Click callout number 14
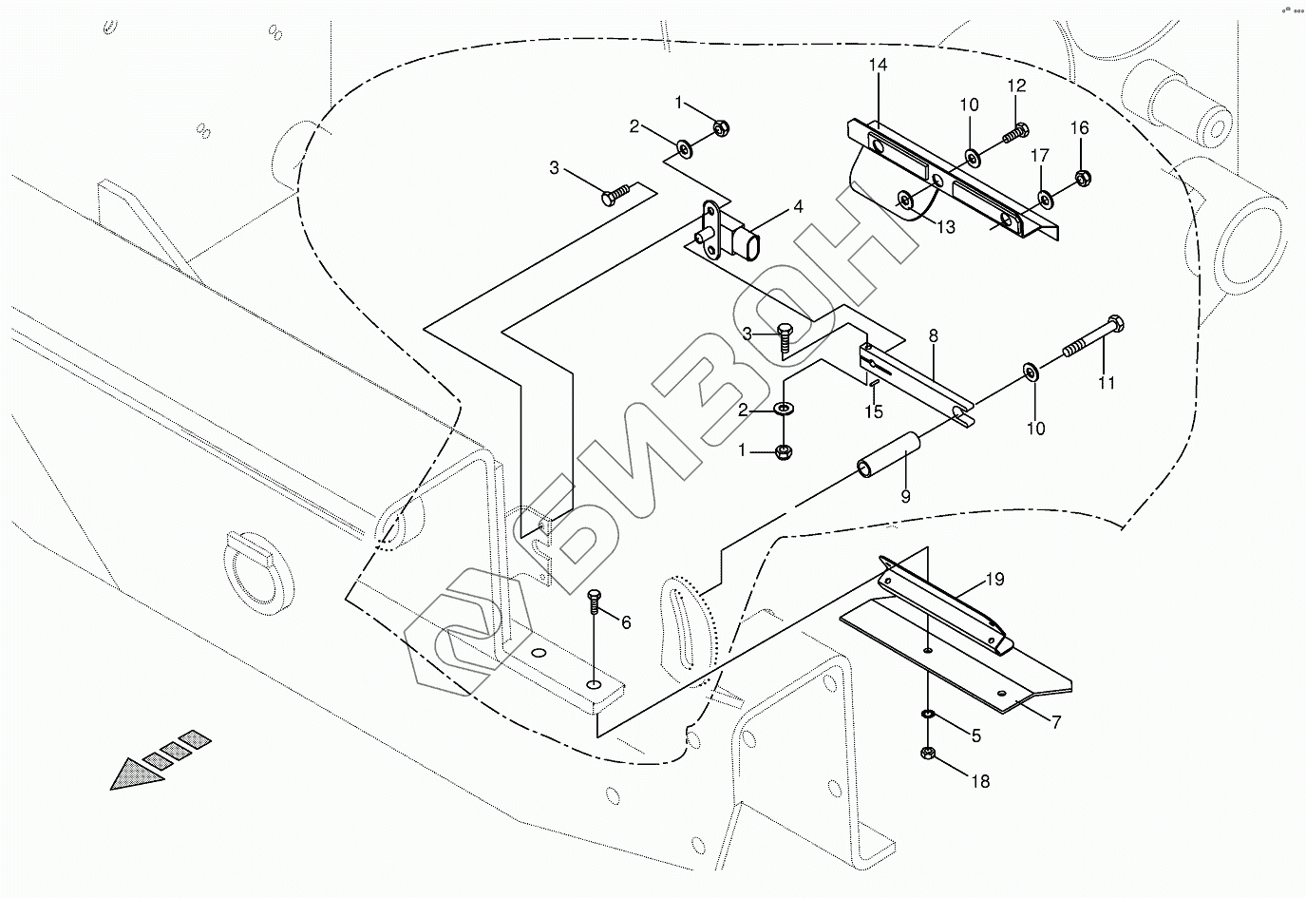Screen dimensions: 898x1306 tap(877, 65)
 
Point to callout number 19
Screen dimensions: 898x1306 tap(994, 579)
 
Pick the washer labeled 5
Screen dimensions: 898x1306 tap(928, 714)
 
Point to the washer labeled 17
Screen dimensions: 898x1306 tap(1045, 199)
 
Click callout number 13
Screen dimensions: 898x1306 tap(945, 228)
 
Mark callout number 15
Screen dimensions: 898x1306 tap(874, 411)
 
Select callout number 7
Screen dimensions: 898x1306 tap(1056, 721)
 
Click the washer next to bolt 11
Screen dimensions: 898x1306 tap(1031, 369)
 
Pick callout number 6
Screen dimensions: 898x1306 tap(625, 622)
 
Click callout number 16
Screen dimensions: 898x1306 tap(1080, 128)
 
